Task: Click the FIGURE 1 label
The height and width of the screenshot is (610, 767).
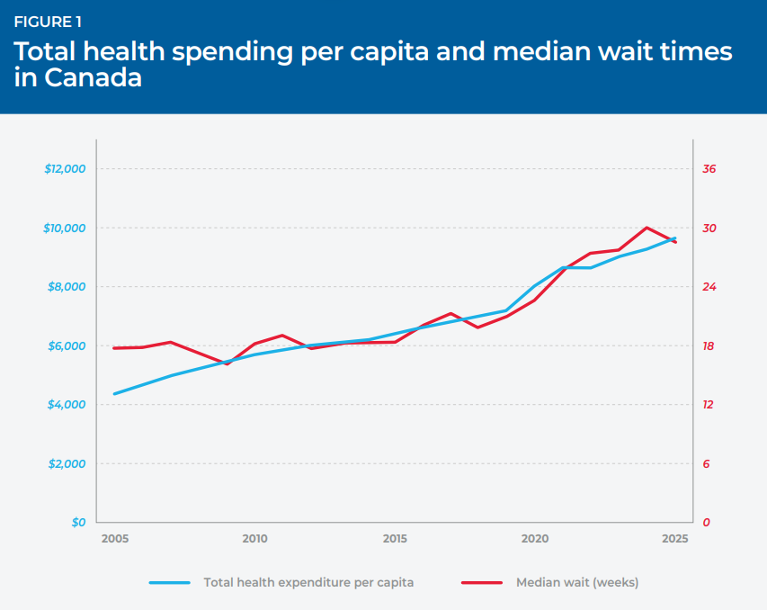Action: (x=48, y=22)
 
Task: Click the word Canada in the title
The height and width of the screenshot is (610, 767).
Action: (x=93, y=77)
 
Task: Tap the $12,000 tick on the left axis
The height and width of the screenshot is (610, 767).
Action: (x=65, y=169)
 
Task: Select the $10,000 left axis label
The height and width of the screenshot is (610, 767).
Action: (x=65, y=229)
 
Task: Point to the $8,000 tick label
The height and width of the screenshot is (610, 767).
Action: (x=67, y=287)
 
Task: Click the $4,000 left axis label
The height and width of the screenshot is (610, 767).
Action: (x=67, y=405)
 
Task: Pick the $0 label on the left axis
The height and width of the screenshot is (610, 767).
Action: (x=79, y=523)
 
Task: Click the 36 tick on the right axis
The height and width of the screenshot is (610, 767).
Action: (x=709, y=169)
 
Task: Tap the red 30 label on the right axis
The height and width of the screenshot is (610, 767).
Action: (x=709, y=229)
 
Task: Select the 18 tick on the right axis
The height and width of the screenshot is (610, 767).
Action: (x=709, y=346)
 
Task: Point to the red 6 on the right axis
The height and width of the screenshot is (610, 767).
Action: (x=706, y=463)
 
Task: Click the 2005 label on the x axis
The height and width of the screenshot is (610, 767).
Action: (x=115, y=539)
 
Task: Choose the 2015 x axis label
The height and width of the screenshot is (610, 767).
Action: (x=395, y=539)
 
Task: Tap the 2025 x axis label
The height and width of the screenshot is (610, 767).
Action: (x=675, y=539)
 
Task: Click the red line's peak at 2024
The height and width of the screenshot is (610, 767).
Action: (x=647, y=228)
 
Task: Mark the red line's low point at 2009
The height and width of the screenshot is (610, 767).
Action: (x=227, y=363)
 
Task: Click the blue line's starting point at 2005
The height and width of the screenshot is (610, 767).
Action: (x=114, y=393)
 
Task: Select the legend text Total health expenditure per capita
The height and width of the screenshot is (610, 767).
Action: (x=308, y=583)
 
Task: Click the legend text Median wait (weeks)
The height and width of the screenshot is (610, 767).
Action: (x=577, y=583)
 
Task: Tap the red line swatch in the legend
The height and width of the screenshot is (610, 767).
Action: (x=482, y=583)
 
